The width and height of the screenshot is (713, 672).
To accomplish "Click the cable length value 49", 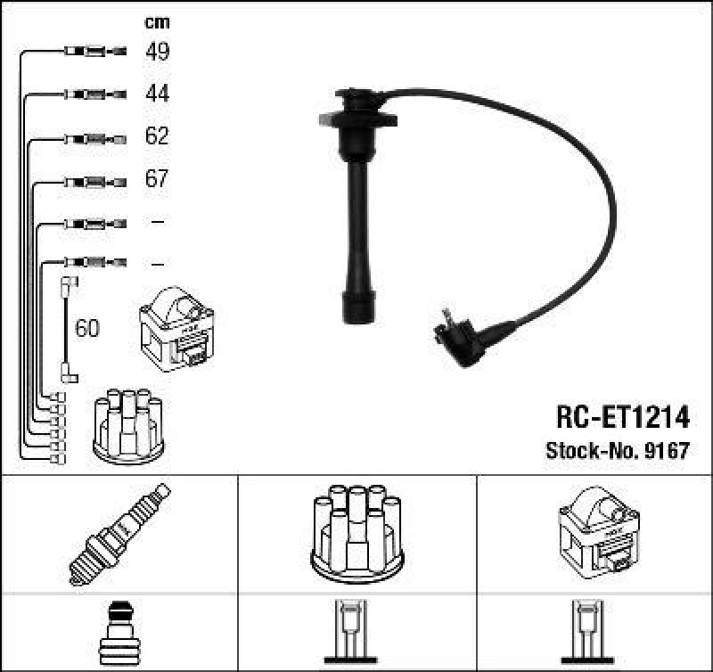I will coord(157,52).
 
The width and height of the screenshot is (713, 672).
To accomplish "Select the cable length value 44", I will coord(157,94).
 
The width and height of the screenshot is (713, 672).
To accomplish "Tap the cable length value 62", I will coord(157,136).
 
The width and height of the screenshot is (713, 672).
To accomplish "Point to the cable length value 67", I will coord(157,179).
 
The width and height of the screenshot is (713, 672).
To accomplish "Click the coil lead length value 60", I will coord(87,329).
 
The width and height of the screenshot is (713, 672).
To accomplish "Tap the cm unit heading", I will coord(157,22).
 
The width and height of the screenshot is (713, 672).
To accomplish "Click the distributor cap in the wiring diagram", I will coord(128,426).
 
